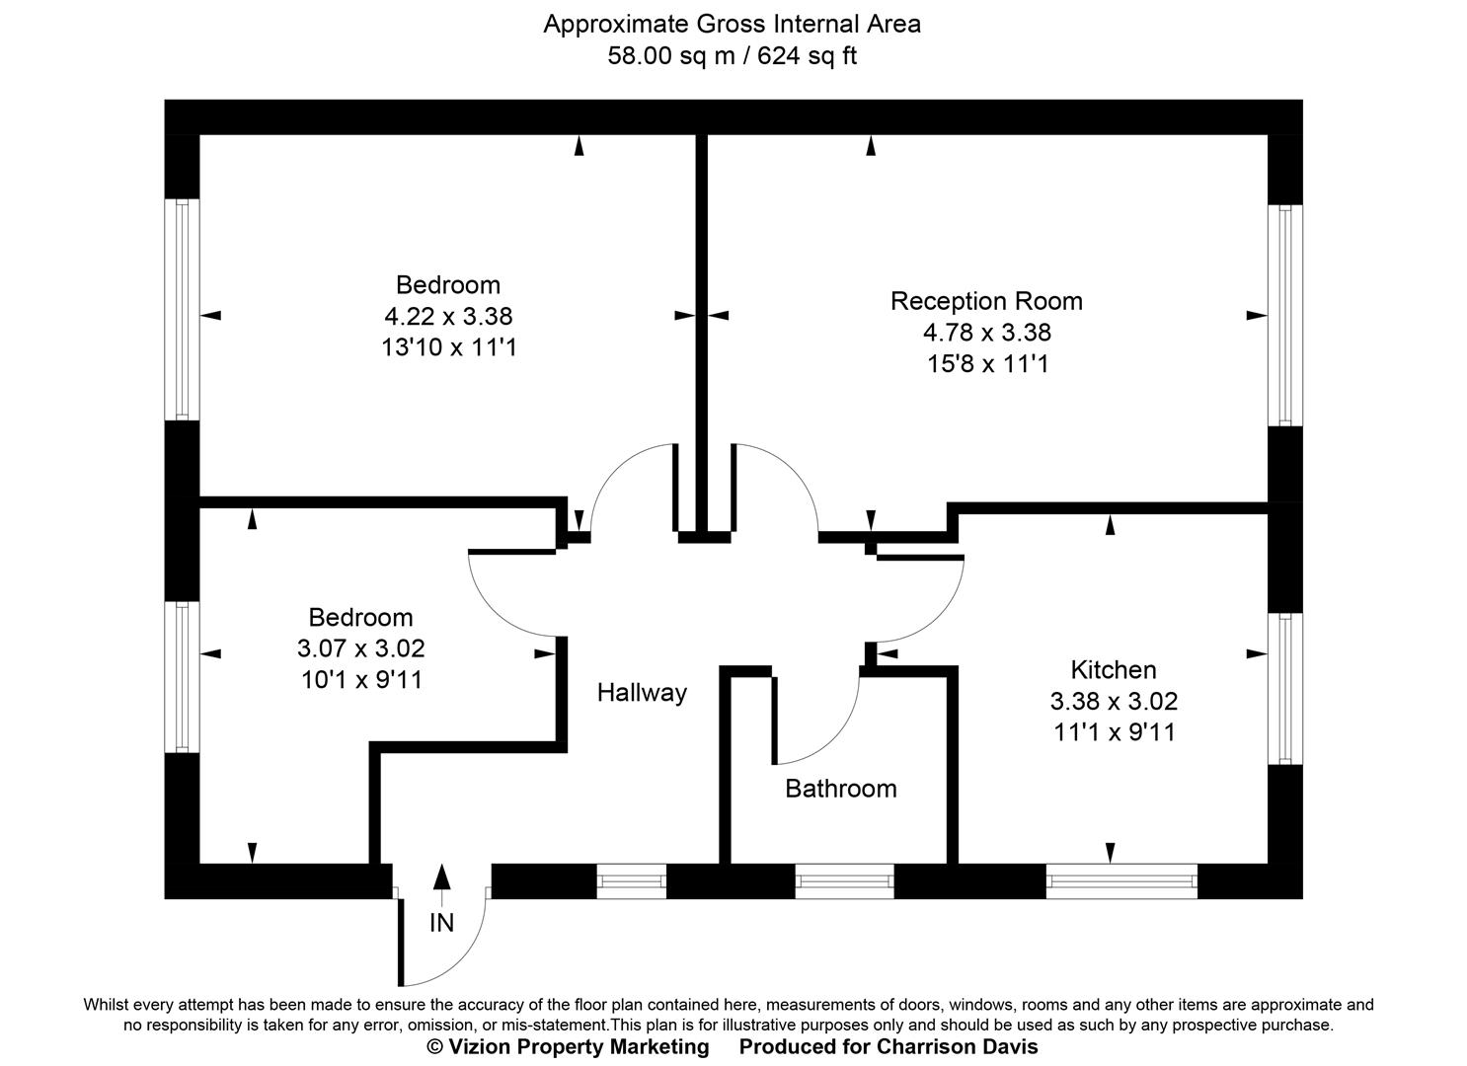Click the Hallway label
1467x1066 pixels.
(x=642, y=693)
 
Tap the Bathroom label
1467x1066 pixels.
(x=841, y=789)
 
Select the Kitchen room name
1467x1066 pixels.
(x=1114, y=670)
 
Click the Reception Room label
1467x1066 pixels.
(x=986, y=301)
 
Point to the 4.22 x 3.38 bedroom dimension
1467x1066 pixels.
(x=448, y=317)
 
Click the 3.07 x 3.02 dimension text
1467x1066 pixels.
(x=361, y=648)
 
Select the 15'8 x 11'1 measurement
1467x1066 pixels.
(x=986, y=364)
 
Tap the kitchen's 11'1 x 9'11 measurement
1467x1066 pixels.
(x=1114, y=732)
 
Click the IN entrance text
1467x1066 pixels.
(x=441, y=923)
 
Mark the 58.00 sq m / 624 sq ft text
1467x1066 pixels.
(x=732, y=56)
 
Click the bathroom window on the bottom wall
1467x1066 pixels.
(x=844, y=880)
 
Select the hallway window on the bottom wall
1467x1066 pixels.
(x=632, y=880)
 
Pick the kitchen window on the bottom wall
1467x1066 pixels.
(x=1121, y=880)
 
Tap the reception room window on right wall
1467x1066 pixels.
(x=1283, y=315)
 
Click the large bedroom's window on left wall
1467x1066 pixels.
(x=182, y=309)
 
